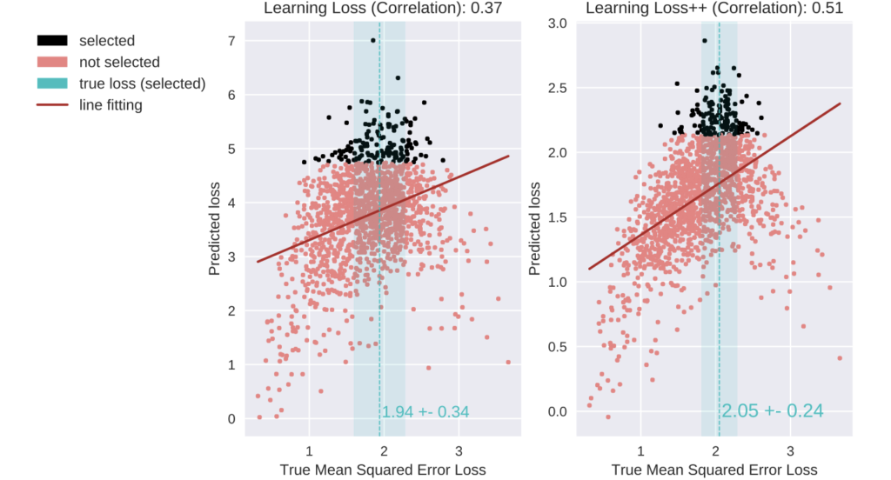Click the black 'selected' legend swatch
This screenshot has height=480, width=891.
point(53,41)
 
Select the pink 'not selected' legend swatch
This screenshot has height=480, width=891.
point(53,63)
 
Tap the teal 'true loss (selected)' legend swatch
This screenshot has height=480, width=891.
point(53,83)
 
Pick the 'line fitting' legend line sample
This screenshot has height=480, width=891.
point(53,105)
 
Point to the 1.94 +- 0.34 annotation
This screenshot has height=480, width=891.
point(425,411)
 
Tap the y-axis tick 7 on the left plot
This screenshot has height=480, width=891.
point(231,41)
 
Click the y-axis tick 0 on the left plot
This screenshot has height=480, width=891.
point(231,419)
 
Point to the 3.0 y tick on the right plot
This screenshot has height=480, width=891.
point(558,23)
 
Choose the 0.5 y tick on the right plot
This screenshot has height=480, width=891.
point(558,347)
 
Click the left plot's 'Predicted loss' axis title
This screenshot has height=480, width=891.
point(215,230)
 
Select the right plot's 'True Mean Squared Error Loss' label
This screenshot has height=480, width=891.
point(714,470)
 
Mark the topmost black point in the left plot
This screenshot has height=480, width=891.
point(373,40)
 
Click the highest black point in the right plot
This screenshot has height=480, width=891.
point(704,40)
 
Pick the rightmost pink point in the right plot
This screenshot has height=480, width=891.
point(840,358)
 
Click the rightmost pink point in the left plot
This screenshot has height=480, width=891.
point(508,363)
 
